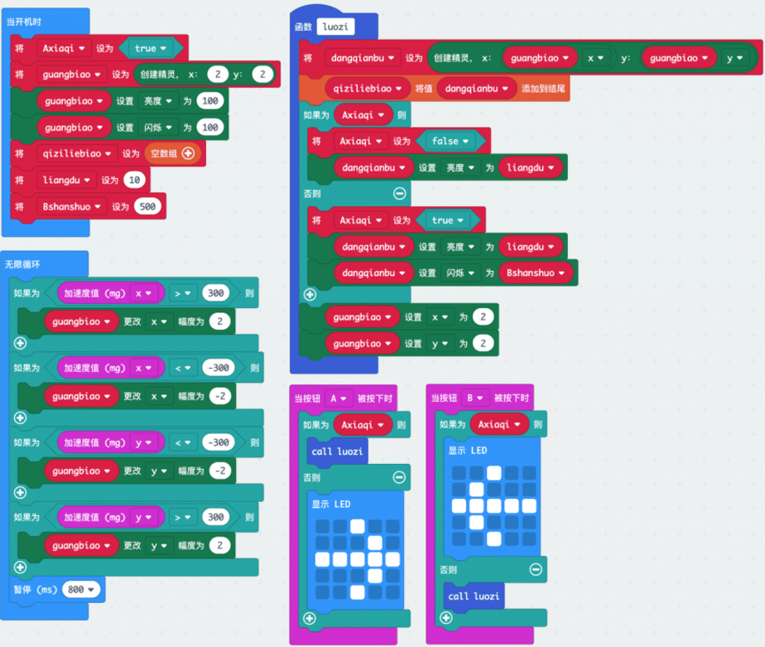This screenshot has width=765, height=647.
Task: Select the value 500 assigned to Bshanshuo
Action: [x=148, y=206]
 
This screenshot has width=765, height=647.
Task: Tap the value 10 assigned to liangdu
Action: [x=133, y=180]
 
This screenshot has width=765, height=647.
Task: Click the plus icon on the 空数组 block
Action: [x=188, y=153]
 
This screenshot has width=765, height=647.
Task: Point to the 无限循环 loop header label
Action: [x=24, y=264]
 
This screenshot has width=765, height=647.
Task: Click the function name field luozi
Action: [x=335, y=27]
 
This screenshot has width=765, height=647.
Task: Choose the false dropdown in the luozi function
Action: [x=450, y=141]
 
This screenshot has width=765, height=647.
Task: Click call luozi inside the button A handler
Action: [x=335, y=451]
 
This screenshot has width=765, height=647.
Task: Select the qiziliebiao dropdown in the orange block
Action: [x=368, y=88]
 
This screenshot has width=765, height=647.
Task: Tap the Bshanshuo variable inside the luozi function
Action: [x=536, y=273]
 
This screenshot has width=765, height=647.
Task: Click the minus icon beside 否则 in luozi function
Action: [x=399, y=194]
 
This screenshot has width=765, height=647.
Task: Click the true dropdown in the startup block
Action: [x=150, y=48]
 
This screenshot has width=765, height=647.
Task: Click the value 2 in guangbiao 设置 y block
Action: [x=484, y=344]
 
